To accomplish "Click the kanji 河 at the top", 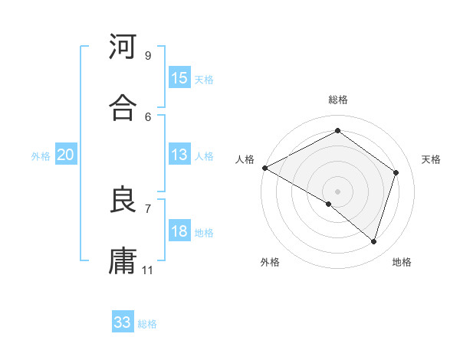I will point(123,47).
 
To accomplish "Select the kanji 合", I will point(123,108).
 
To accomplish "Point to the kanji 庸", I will point(123,260).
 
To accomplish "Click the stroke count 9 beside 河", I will point(147,56).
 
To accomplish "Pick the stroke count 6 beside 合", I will point(147,116).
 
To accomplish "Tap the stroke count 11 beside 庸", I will point(148,270).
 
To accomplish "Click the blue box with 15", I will point(179,78).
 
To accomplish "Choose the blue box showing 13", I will point(179,155).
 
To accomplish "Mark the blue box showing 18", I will point(179,231).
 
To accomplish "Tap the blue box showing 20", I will point(66,155).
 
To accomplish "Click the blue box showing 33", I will point(123,322).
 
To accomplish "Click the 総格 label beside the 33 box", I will point(147,324).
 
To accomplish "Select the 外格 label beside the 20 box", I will point(41,156).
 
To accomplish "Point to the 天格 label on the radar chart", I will point(432,159).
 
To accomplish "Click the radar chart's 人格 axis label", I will point(245,159).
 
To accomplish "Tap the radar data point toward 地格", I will point(374,242).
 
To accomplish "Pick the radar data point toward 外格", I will point(328,205).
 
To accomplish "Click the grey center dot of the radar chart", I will point(337,191).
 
